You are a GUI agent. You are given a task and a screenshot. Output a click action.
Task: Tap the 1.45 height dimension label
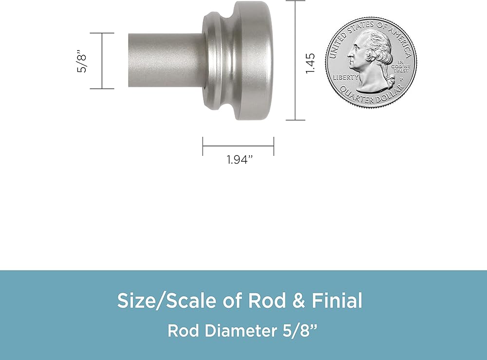[310, 63]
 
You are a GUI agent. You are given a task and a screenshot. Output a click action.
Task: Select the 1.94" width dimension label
[240, 160]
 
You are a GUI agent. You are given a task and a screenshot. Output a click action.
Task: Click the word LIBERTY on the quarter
[346, 77]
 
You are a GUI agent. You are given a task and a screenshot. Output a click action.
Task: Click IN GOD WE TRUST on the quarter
[401, 66]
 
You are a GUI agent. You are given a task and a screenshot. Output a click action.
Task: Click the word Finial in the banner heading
[337, 301]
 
